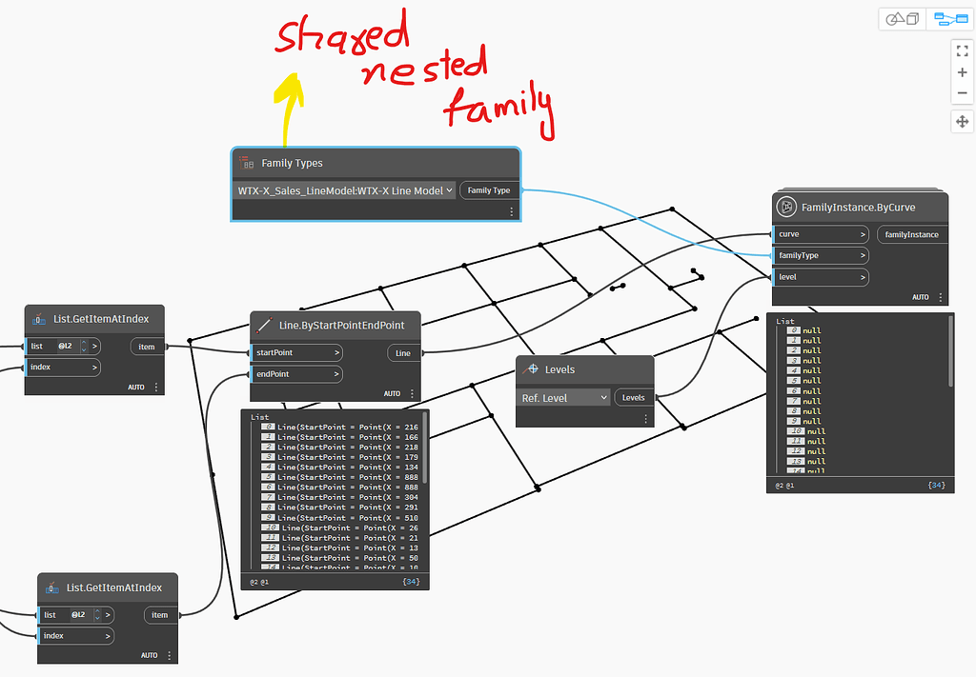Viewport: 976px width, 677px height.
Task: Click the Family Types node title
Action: [292, 163]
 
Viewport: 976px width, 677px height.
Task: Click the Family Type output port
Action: [489, 190]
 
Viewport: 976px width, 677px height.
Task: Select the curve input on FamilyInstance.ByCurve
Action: [820, 234]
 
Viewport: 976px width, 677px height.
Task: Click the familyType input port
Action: [820, 255]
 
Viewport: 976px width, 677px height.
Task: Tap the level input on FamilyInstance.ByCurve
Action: [820, 277]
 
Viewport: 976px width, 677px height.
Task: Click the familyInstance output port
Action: [911, 234]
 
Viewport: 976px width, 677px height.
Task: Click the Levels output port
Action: [634, 397]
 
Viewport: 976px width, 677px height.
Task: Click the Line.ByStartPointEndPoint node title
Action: [341, 325]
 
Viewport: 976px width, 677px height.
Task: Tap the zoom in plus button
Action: [962, 72]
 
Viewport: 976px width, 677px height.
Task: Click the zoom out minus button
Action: [962, 93]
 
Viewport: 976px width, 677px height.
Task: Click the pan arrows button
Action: [962, 121]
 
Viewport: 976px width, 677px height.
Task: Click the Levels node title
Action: [559, 369]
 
